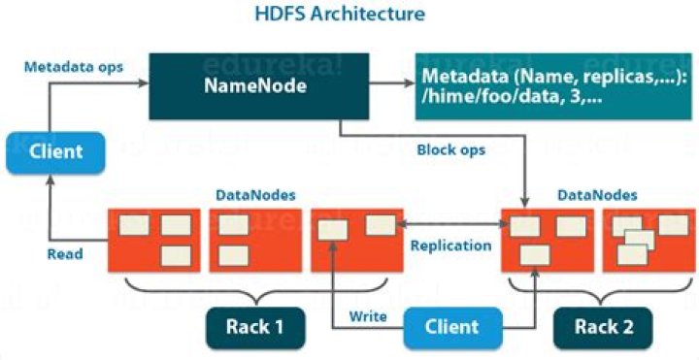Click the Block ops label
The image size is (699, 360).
click(450, 151)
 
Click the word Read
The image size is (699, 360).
click(66, 254)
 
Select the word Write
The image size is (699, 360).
click(368, 316)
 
